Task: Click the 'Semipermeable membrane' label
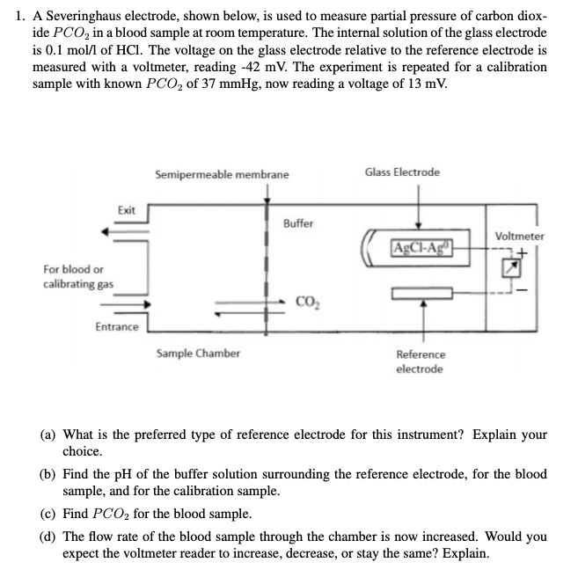(x=221, y=174)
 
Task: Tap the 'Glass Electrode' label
(x=402, y=172)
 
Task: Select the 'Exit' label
(x=127, y=210)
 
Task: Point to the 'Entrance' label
(x=116, y=327)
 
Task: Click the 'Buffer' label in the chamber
(x=298, y=223)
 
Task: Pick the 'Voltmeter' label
(x=519, y=236)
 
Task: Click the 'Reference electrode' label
(x=421, y=362)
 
